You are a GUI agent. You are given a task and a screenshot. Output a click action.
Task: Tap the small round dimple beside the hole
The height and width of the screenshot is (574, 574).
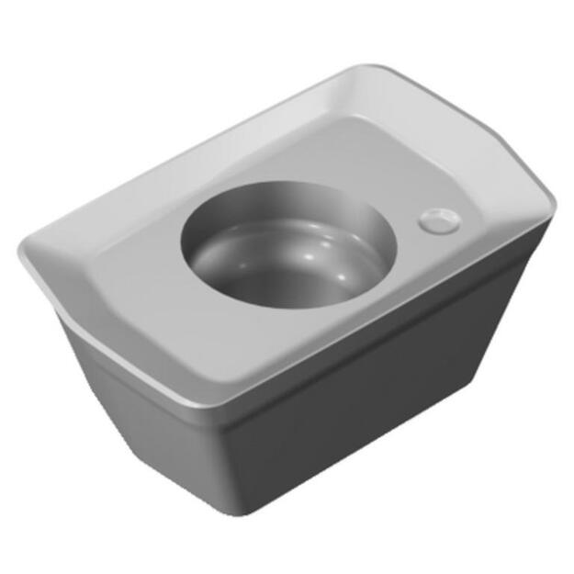click(439, 220)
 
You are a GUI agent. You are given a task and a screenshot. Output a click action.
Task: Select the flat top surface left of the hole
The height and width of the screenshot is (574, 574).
click(138, 266)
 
